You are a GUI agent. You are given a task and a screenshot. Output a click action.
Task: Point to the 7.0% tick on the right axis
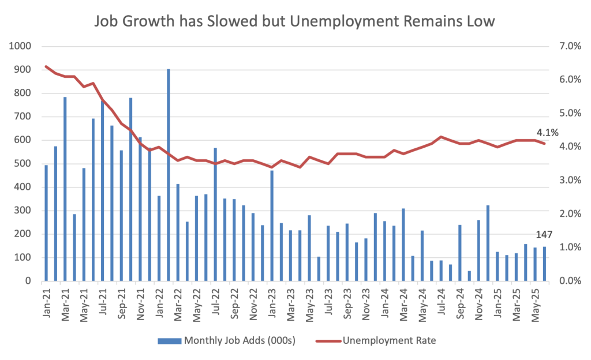click(x=568, y=46)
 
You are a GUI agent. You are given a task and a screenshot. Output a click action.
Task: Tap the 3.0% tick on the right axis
click(x=568, y=180)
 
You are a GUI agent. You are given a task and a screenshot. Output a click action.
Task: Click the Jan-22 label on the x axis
click(x=159, y=300)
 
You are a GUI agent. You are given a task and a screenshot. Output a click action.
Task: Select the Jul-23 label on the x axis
click(x=328, y=300)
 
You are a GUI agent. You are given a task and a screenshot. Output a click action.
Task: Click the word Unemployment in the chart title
click(x=339, y=22)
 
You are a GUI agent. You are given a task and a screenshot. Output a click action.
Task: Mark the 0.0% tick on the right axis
click(x=568, y=281)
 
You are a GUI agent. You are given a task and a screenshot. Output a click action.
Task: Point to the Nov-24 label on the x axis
click(x=478, y=300)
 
